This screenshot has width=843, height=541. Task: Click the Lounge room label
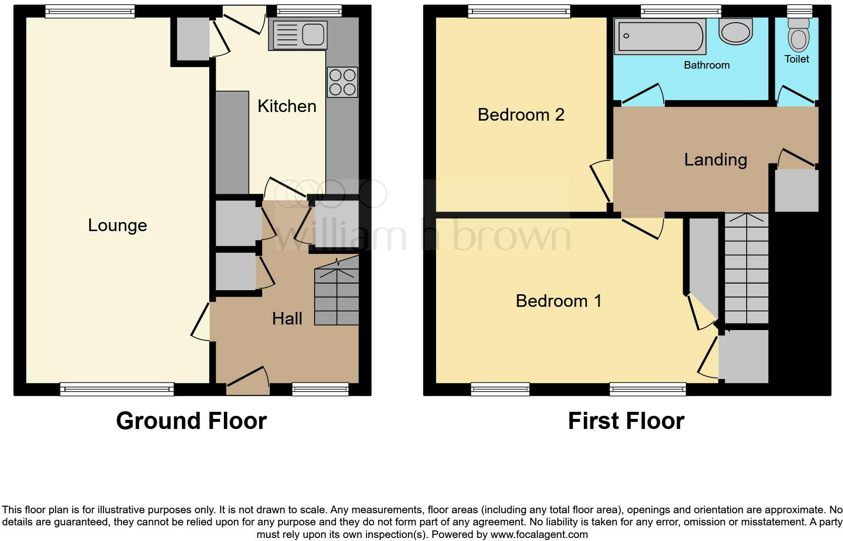pyautogui.click(x=117, y=225)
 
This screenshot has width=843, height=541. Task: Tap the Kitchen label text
pyautogui.click(x=287, y=106)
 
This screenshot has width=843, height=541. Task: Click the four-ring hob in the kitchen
pyautogui.click(x=342, y=82)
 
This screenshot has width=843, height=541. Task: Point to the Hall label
pyautogui.click(x=287, y=318)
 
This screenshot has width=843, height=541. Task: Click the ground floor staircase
pyautogui.click(x=336, y=297)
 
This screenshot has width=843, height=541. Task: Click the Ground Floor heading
pyautogui.click(x=191, y=420)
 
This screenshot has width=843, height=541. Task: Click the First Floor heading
pyautogui.click(x=626, y=420)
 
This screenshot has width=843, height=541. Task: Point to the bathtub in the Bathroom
pyautogui.click(x=659, y=36)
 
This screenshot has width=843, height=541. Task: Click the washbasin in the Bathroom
pyautogui.click(x=736, y=31)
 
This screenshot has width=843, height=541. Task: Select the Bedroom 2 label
pyautogui.click(x=521, y=115)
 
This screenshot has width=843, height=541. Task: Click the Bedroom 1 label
pyautogui.click(x=559, y=301)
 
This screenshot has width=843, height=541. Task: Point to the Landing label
pyautogui.click(x=715, y=159)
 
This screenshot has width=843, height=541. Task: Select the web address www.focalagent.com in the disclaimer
pyautogui.click(x=538, y=534)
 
